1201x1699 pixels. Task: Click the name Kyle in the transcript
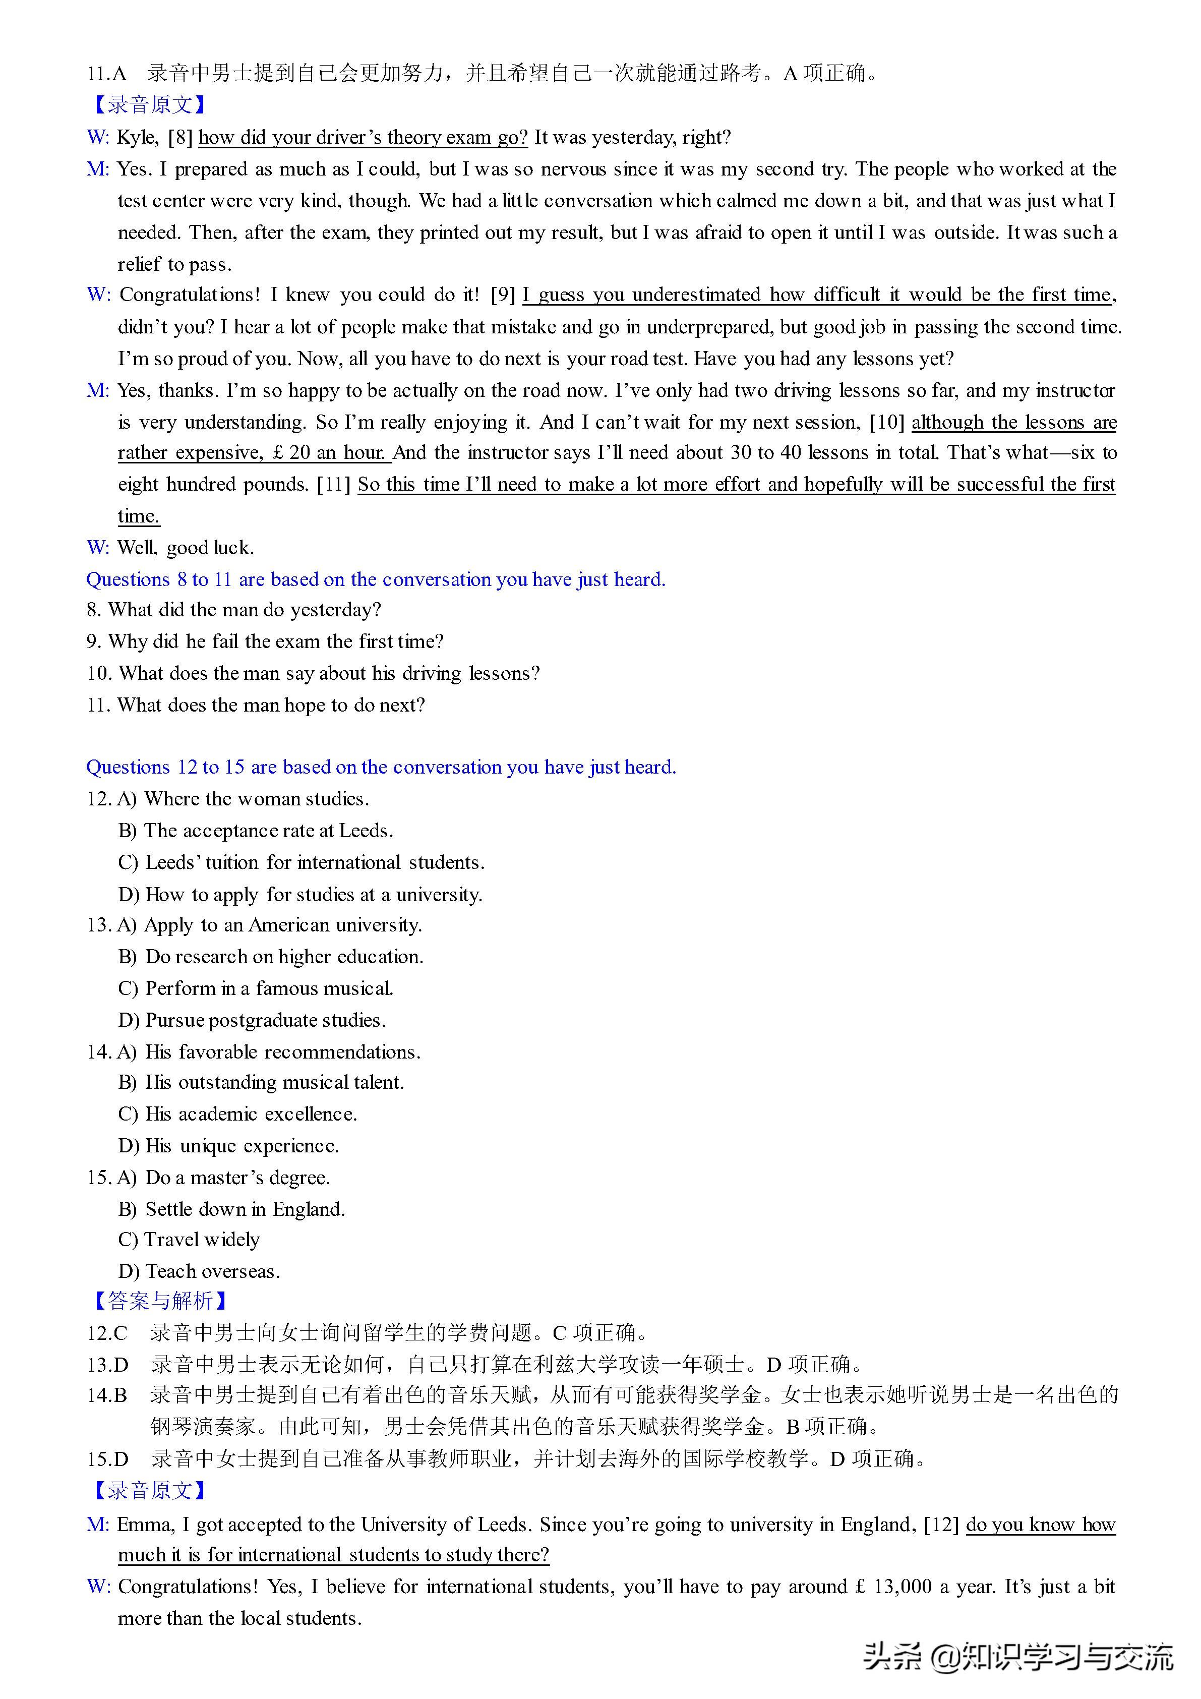click(x=137, y=138)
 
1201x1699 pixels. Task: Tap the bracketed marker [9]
click(x=503, y=295)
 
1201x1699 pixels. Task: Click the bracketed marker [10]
click(x=886, y=423)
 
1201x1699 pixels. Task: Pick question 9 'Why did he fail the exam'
click(x=265, y=641)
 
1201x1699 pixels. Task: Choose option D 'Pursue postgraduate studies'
click(x=252, y=1020)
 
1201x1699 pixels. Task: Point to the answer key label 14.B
click(x=107, y=1395)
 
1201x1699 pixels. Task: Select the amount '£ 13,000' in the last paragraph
click(x=894, y=1587)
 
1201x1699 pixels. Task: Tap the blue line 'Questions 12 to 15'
click(x=381, y=768)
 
